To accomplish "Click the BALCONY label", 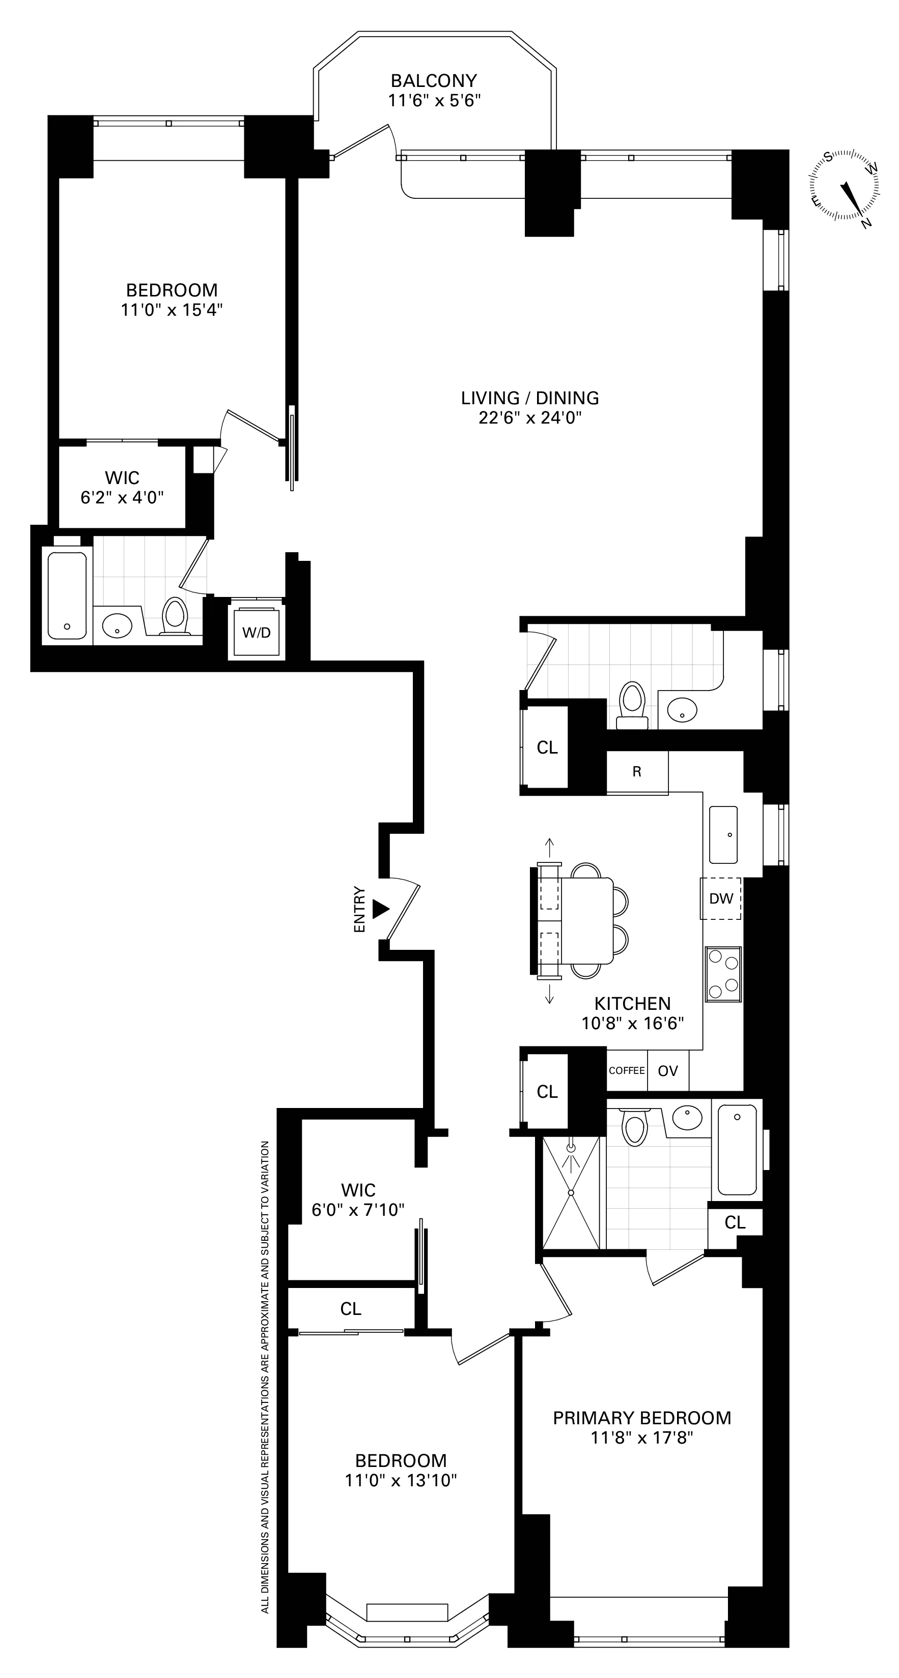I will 434,81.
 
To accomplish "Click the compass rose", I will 845,185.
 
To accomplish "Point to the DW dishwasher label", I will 721,899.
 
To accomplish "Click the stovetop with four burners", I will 723,974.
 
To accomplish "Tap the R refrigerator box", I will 637,772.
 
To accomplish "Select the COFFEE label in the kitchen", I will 627,1070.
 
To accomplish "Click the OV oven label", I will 667,1071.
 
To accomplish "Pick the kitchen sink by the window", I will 723,834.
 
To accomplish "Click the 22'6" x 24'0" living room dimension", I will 529,417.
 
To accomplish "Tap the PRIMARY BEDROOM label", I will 641,1418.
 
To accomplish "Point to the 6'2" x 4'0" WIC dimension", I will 122,498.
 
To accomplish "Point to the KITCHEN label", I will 632,1004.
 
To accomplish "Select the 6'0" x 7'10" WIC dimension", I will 358,1210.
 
